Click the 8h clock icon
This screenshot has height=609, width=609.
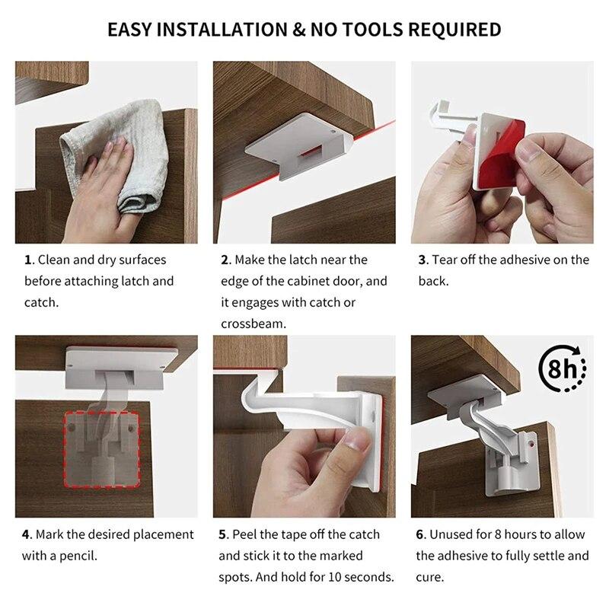[x=562, y=371]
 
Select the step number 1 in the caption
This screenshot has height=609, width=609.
[x=28, y=260]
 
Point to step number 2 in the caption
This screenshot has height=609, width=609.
[x=225, y=260]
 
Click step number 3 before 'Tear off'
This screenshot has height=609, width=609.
[x=422, y=260]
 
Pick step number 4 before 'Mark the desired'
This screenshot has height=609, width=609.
[x=27, y=534]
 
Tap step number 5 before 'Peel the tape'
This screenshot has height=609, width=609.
[x=224, y=534]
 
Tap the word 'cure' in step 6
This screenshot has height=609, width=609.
[x=429, y=577]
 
